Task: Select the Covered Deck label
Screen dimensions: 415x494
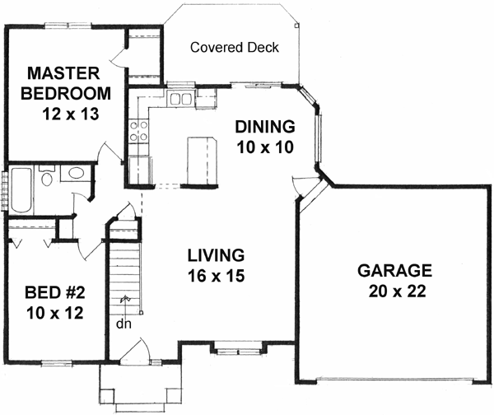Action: click(234, 47)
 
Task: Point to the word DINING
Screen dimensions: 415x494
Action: click(264, 127)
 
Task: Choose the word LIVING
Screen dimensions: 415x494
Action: click(217, 254)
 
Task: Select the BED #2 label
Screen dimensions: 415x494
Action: click(56, 292)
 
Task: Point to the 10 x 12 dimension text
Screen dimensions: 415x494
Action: click(56, 313)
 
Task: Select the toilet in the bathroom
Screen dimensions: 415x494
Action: click(46, 179)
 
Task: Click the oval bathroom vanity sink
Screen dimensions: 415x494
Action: click(76, 174)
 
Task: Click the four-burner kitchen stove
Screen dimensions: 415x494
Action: click(138, 131)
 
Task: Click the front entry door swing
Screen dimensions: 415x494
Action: click(135, 353)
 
